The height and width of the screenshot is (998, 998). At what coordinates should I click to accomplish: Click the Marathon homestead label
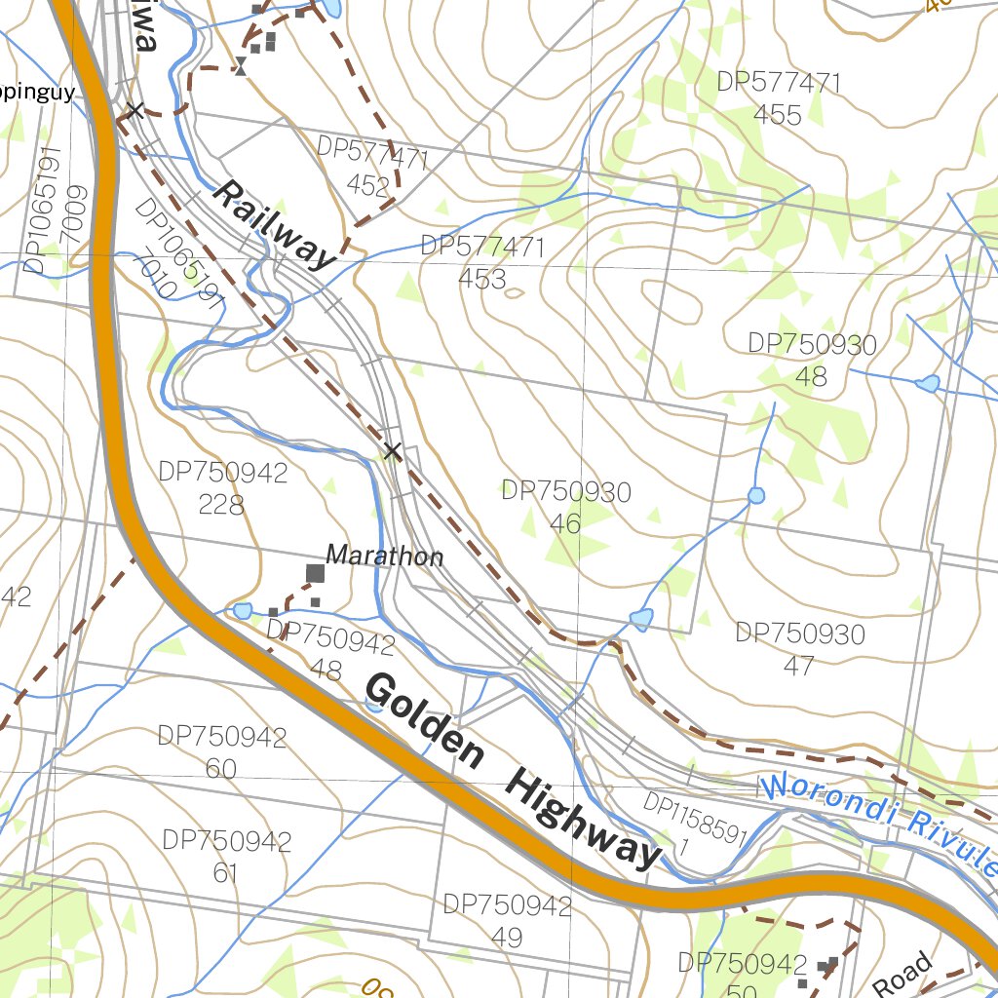(x=384, y=557)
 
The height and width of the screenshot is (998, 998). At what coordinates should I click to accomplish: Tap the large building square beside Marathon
(x=315, y=573)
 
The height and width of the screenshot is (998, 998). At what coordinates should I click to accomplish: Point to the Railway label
(x=272, y=224)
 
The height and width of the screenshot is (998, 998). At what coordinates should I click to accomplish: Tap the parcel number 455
(x=777, y=115)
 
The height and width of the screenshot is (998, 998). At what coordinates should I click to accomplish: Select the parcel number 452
(x=367, y=186)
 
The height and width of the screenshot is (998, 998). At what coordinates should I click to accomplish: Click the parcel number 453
(x=482, y=279)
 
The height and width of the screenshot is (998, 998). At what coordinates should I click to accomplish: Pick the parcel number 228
(x=222, y=505)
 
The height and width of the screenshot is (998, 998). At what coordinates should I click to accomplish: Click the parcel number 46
(x=565, y=523)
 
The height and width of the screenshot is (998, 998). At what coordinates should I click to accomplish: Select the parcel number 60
(x=221, y=769)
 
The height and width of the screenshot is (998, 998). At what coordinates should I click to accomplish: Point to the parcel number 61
(x=226, y=872)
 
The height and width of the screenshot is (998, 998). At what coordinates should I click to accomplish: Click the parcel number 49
(x=507, y=938)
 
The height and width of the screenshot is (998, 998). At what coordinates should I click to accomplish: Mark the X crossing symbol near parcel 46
(x=392, y=451)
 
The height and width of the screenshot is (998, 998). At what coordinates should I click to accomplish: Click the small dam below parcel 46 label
(x=640, y=618)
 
